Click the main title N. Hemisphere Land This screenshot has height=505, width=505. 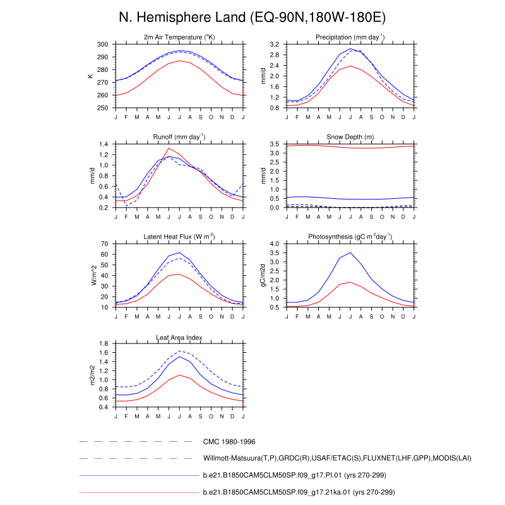[252, 17]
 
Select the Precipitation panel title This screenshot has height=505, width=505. [350, 38]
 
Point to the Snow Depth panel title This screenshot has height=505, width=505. [350, 137]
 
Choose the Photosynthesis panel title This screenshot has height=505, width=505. [350, 237]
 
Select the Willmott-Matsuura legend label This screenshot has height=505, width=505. [337, 458]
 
